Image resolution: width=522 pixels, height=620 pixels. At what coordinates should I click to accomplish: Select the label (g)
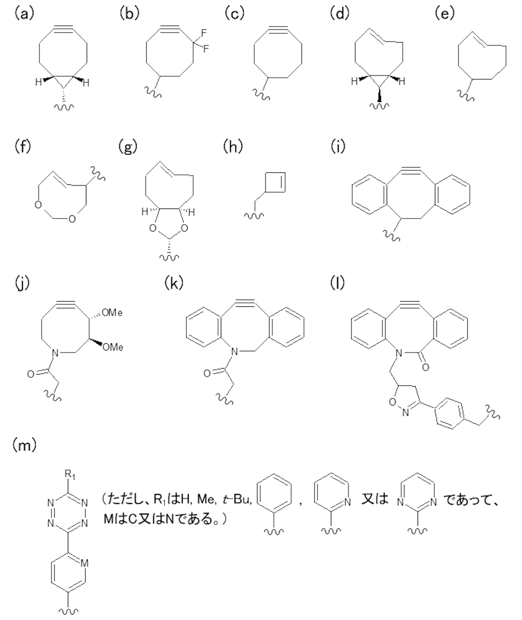[x=128, y=146]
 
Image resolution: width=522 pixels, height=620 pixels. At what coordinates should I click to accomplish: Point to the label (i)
[x=338, y=146]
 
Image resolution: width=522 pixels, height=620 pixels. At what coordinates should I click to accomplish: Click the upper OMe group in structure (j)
[x=112, y=313]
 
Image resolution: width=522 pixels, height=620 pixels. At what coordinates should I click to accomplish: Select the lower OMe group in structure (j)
[x=113, y=347]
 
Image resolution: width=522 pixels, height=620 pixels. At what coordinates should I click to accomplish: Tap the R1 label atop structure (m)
[x=70, y=475]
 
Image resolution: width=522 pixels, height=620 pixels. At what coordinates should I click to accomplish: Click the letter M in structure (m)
[x=85, y=563]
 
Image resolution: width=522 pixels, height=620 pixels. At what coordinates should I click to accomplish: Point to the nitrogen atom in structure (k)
[x=234, y=352]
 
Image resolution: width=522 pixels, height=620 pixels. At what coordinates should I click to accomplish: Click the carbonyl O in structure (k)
[x=207, y=373]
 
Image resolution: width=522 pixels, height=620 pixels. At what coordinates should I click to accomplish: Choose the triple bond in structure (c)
[x=278, y=29]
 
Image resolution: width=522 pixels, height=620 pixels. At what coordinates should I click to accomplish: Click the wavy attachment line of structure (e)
[x=466, y=95]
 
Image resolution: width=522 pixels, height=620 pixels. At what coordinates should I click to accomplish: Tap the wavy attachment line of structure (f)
[x=98, y=174]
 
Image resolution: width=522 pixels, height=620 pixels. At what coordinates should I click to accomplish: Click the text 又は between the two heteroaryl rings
[x=375, y=499]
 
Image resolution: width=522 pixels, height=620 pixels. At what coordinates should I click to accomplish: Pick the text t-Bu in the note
[x=237, y=499]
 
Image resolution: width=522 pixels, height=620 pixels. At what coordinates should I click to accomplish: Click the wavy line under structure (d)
[x=379, y=105]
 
